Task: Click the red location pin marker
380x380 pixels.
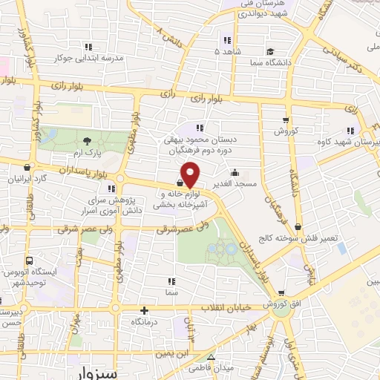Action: pyautogui.click(x=191, y=174)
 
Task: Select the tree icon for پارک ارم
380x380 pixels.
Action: pyautogui.click(x=88, y=140)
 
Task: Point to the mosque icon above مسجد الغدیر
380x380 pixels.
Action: pyautogui.click(x=235, y=172)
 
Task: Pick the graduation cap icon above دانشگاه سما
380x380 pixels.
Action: pyautogui.click(x=271, y=53)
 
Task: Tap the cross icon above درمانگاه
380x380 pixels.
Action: pyautogui.click(x=145, y=311)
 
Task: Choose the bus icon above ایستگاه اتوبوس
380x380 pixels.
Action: pyautogui.click(x=29, y=261)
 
